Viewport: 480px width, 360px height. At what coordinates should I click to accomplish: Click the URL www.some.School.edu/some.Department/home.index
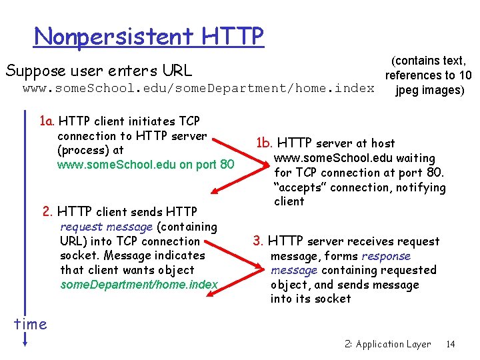pyautogui.click(x=198, y=89)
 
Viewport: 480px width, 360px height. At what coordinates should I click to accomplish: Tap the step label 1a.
pyautogui.click(x=47, y=121)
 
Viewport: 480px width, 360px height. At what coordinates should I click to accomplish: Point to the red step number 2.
pyautogui.click(x=47, y=212)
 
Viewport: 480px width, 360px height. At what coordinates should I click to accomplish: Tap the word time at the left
pyautogui.click(x=31, y=324)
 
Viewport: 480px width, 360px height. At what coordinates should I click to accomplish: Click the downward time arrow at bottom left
pyautogui.click(x=24, y=339)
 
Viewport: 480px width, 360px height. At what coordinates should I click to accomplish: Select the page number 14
pyautogui.click(x=450, y=344)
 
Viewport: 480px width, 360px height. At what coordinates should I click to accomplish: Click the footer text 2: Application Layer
pyautogui.click(x=387, y=344)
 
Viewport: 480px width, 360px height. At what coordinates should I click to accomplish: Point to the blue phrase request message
pyautogui.click(x=106, y=227)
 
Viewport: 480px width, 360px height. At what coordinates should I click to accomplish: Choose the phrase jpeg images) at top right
pyautogui.click(x=429, y=90)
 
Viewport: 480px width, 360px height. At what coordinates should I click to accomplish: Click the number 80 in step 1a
pyautogui.click(x=227, y=164)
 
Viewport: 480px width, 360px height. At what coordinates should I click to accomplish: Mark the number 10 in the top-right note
pyautogui.click(x=465, y=75)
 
